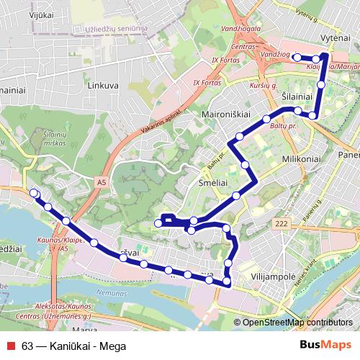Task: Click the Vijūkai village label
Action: (x=23, y=13)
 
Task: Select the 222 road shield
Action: (x=281, y=225)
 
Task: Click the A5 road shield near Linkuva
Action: (x=99, y=184)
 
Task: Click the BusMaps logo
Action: (x=325, y=344)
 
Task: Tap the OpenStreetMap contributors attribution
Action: (x=297, y=323)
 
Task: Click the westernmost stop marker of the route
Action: (x=34, y=192)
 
